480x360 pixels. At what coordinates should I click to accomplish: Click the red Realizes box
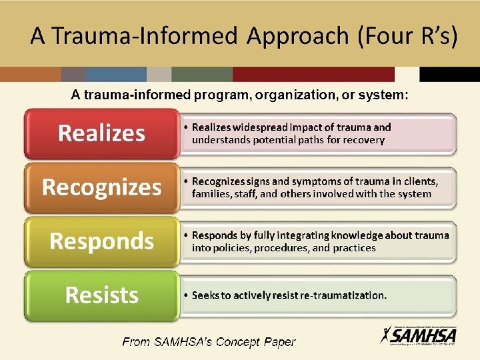click(x=101, y=133)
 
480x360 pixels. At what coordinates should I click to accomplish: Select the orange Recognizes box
click(x=101, y=187)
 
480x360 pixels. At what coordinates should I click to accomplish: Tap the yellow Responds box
click(x=101, y=241)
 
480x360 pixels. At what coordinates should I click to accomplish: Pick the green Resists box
click(x=101, y=294)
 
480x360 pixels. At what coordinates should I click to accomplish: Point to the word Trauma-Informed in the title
click(x=144, y=36)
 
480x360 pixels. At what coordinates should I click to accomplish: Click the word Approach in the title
click(x=299, y=36)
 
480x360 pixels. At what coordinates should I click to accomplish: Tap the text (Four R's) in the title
click(x=407, y=36)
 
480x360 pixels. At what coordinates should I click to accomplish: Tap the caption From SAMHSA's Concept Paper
click(x=208, y=343)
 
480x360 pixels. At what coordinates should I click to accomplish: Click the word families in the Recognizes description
click(x=212, y=194)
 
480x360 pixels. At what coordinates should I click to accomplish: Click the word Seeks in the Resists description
click(x=206, y=295)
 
